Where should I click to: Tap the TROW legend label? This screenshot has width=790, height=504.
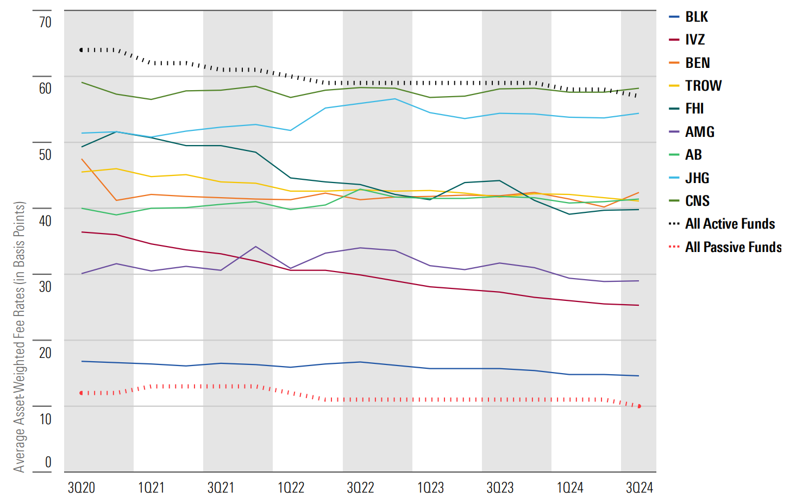703,86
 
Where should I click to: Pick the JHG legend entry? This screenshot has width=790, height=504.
697,178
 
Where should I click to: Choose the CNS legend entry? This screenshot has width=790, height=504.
697,201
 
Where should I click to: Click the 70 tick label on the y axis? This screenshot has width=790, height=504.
45,22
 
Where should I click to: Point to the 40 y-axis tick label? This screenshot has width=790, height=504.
45,220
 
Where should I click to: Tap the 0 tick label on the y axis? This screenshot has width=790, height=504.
48,462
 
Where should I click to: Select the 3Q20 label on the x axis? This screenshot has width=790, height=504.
81,488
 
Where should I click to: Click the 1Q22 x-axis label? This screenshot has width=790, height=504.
291,488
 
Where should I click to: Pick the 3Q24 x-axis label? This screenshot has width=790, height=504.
639,488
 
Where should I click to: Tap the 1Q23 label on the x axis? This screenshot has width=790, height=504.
430,488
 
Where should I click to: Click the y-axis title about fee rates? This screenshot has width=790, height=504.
20,337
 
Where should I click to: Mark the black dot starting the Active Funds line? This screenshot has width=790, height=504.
81,50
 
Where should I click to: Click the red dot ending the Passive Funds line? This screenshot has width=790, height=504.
639,406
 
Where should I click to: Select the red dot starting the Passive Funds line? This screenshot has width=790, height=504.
81,393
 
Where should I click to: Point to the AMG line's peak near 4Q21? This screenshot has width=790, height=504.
256,247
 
